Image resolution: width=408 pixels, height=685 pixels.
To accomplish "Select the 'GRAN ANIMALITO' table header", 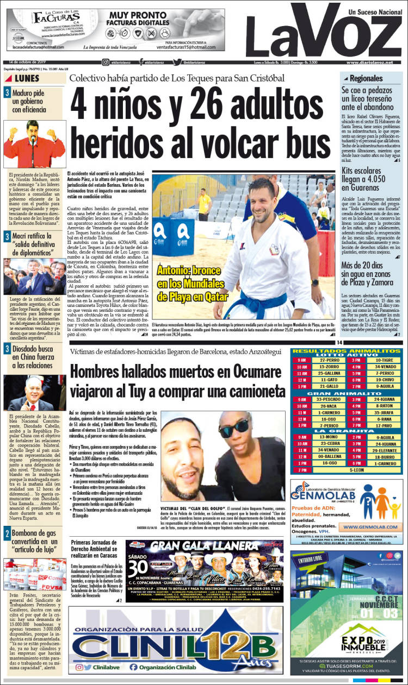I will [x=347, y=392].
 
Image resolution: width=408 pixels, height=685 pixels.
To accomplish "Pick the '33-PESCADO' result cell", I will [x=330, y=399].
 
